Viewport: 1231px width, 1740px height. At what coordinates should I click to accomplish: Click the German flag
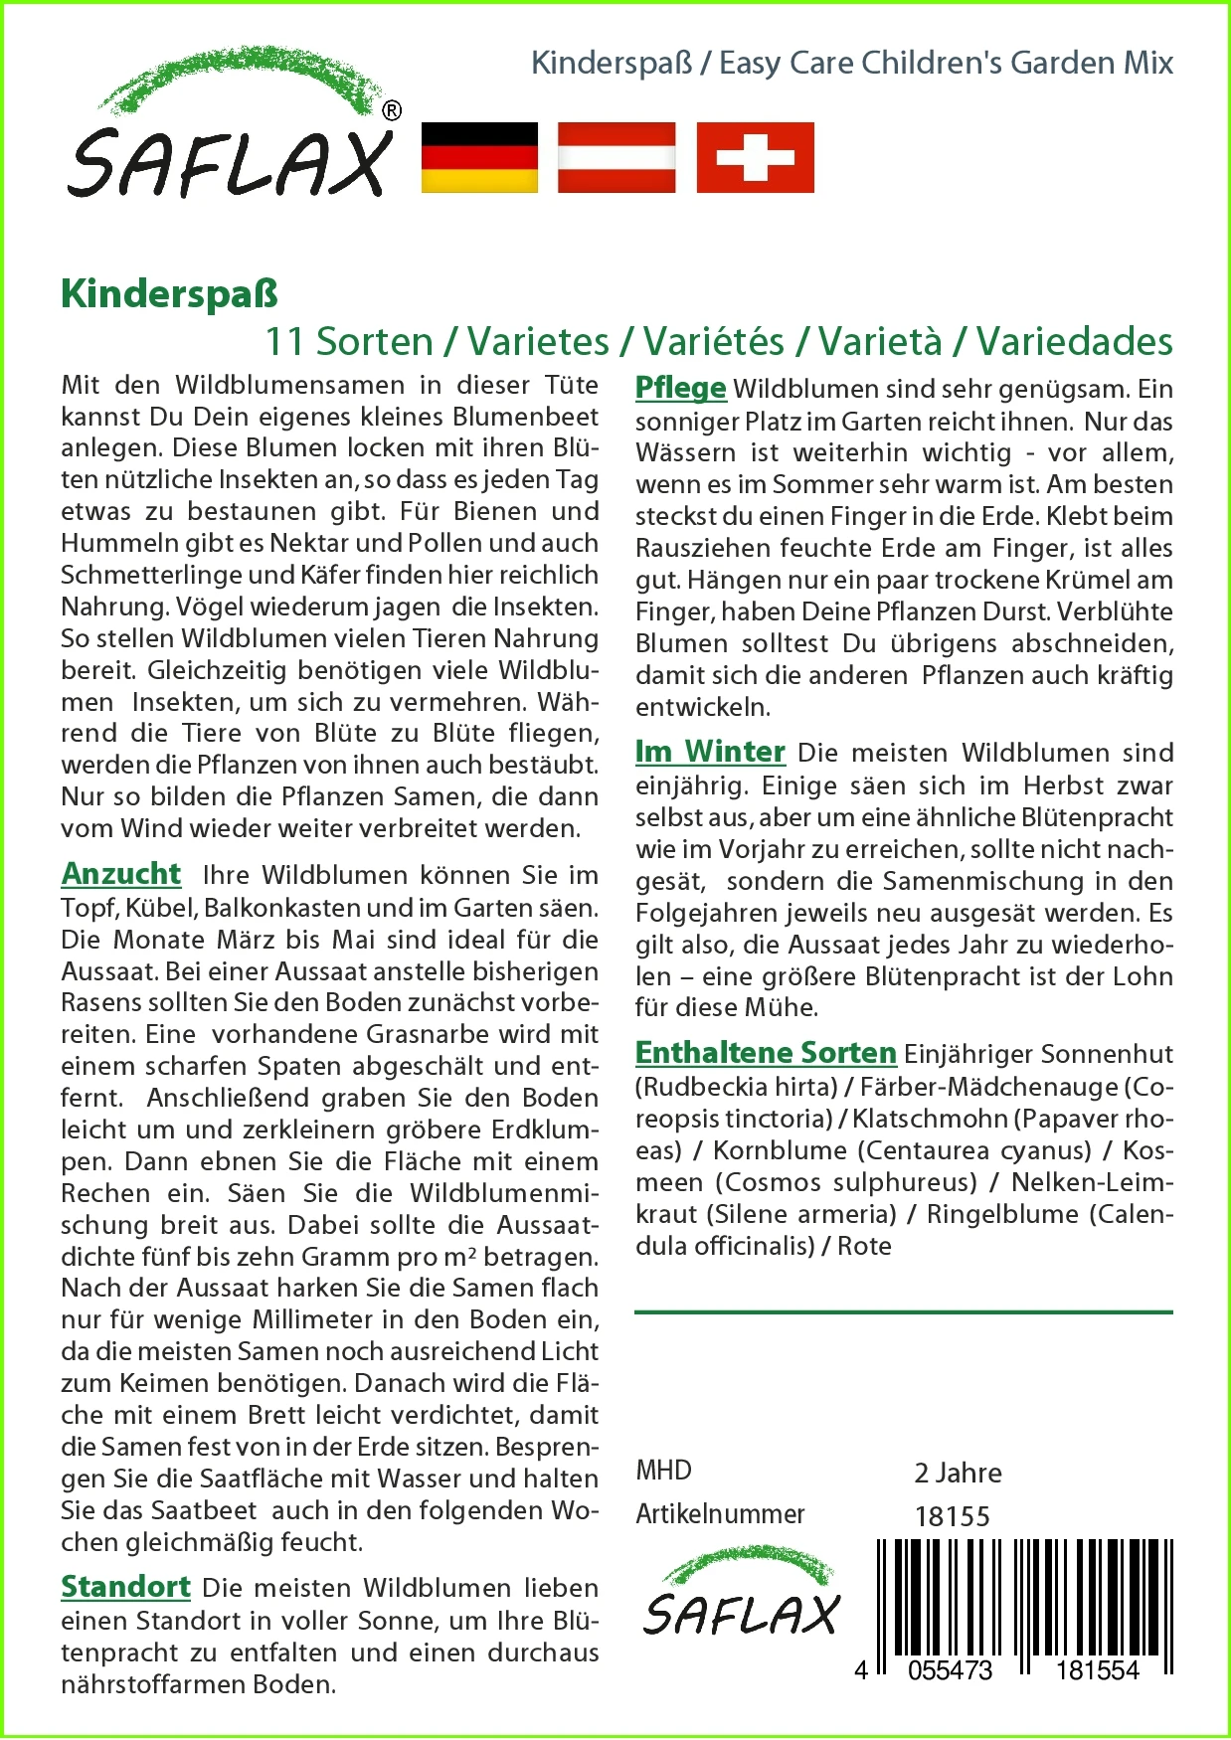(479, 157)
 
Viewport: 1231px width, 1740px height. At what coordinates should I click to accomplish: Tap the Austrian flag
(616, 157)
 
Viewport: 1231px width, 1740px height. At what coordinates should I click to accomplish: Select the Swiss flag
(755, 157)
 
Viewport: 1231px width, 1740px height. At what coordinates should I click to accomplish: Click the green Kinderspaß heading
(169, 294)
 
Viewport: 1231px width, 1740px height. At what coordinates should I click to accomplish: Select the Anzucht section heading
(121, 874)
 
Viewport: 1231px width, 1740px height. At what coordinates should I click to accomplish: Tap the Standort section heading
(125, 1587)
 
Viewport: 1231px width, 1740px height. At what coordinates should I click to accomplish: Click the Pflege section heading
(681, 388)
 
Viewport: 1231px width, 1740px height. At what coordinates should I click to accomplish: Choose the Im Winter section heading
(710, 752)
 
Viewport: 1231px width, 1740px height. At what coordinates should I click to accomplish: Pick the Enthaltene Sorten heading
(766, 1053)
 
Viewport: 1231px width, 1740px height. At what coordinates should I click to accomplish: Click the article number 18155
(953, 1516)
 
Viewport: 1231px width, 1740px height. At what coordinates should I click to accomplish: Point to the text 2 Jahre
(958, 1473)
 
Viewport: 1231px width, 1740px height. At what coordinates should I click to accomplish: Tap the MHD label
(663, 1471)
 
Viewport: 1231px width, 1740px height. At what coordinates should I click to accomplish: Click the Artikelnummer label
(720, 1514)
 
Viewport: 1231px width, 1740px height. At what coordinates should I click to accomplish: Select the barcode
(1024, 1601)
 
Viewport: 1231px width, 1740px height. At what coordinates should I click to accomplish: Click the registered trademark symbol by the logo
(392, 111)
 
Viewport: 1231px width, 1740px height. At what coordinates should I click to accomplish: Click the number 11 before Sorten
(284, 342)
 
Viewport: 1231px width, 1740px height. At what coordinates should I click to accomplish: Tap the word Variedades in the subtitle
(1074, 342)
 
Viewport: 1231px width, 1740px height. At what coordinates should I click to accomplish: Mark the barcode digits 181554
(1097, 1670)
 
